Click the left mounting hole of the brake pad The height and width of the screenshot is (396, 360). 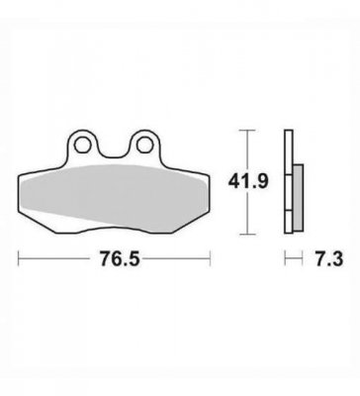[x=87, y=146]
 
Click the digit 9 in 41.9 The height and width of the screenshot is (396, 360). [x=267, y=182]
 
